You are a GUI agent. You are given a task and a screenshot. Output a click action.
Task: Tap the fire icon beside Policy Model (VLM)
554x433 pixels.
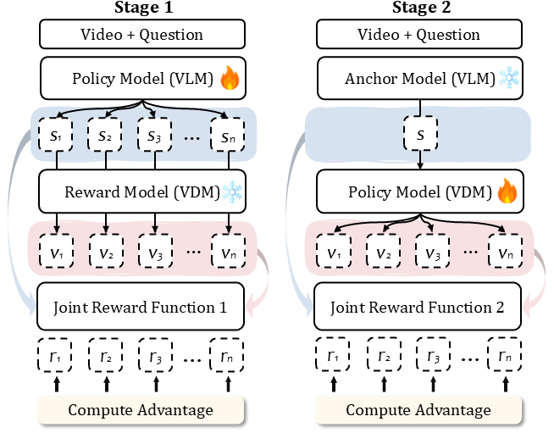[230, 80]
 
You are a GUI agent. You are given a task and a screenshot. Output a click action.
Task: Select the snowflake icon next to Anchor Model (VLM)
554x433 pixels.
[509, 79]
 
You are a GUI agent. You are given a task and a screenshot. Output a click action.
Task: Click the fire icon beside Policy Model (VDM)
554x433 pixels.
[507, 192]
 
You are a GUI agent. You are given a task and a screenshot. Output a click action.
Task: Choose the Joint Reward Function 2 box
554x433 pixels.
[420, 308]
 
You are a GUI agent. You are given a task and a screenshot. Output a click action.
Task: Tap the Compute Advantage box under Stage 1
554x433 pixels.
[141, 410]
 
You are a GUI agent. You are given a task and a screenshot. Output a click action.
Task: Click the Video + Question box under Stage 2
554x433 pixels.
[420, 35]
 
